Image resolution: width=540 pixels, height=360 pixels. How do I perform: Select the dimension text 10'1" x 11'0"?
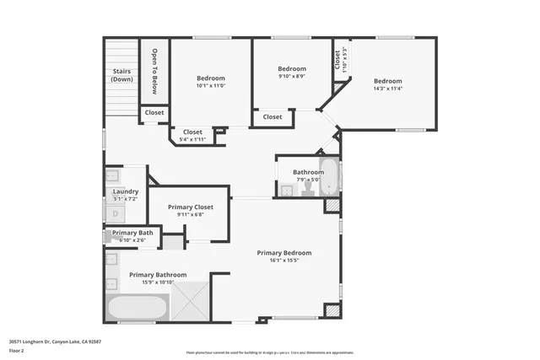point(210,86)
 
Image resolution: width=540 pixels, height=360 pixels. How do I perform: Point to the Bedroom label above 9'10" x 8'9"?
point(292,69)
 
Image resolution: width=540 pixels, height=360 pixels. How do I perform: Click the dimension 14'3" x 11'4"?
point(388,89)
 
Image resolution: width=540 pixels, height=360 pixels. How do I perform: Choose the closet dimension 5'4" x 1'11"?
point(192,140)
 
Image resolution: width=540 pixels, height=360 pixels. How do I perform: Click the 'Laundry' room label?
point(125,191)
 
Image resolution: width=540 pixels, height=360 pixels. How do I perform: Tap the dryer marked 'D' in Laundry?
point(116,213)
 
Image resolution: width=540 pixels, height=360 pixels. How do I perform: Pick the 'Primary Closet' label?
point(190,207)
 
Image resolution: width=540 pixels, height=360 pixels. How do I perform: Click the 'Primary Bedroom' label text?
point(284,253)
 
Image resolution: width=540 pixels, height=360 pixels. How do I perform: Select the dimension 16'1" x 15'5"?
point(284,261)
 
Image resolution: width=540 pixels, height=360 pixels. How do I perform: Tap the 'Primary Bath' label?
point(132,233)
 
